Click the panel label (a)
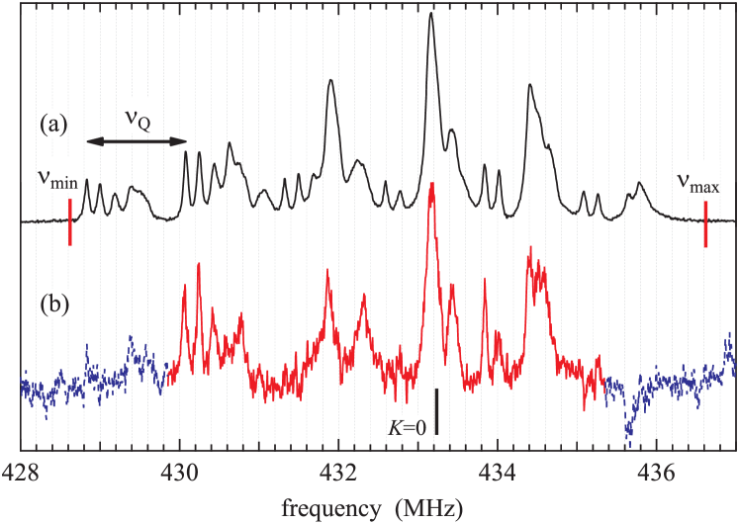[53, 124]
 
